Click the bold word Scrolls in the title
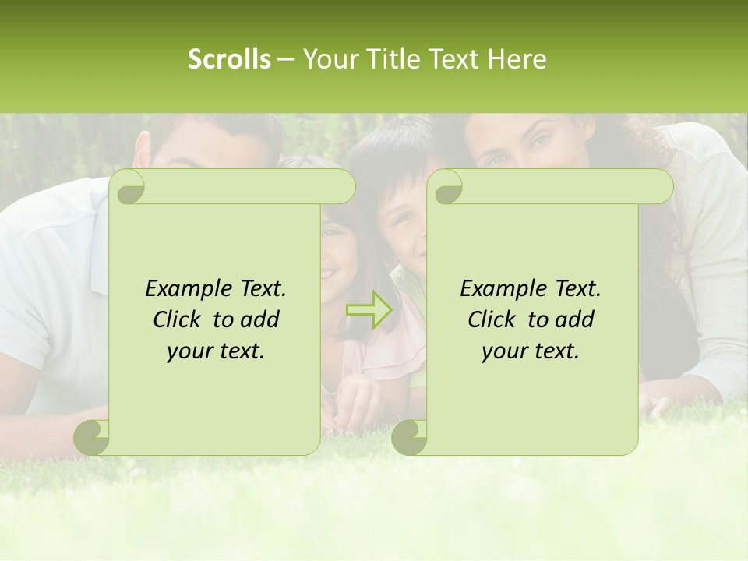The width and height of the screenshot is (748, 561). [x=229, y=59]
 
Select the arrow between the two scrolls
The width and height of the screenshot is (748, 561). [x=369, y=310]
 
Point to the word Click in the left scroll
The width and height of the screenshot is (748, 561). [x=176, y=320]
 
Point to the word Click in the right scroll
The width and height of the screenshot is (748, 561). [x=491, y=320]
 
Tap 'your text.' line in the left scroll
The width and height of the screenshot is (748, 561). [x=216, y=351]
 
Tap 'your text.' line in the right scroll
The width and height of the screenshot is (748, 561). [x=531, y=351]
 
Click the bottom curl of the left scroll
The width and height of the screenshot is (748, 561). [x=92, y=436]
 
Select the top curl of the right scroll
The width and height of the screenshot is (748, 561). [x=447, y=187]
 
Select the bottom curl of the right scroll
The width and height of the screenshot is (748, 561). [x=409, y=436]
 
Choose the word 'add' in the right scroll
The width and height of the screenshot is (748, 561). [x=573, y=320]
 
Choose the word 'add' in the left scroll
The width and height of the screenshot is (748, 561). [x=259, y=320]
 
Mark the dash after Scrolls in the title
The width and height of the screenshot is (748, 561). [x=285, y=59]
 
